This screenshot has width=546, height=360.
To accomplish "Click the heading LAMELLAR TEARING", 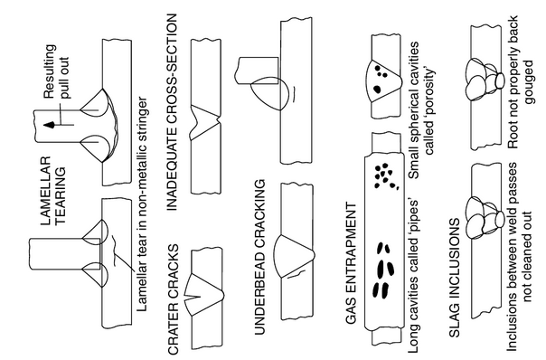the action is coord(52,190).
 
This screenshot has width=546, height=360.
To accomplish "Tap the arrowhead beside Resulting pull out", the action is coord(49,125).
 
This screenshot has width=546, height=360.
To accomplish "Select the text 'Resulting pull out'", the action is coord(56,71).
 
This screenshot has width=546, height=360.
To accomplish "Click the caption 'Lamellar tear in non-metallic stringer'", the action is coord(142,204).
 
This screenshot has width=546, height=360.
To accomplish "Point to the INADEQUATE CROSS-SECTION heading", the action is coord(172,112).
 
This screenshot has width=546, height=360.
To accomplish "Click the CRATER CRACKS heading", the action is coord(173,299).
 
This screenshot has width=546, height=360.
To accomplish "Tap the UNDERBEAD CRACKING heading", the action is coord(259,257).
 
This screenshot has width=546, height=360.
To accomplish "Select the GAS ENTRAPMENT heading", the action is coord(352,263).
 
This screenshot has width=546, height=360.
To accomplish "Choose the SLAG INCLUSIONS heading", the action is coord(455,278).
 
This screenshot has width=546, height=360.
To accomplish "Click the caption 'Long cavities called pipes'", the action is coord(413,277).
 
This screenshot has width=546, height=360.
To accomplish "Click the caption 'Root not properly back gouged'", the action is coord(521,82).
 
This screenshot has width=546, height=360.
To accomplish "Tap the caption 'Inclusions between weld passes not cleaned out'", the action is coord(519,257).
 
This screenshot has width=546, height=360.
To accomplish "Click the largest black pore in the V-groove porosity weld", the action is coord(377,90).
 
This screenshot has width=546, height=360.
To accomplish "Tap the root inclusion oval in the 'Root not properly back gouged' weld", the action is coord(500,81).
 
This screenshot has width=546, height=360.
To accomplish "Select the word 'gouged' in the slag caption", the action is coord(528,82).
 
